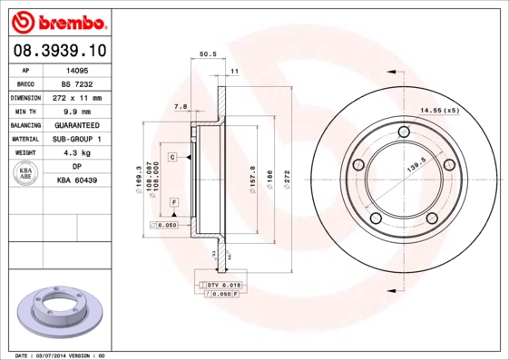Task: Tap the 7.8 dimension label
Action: [180, 106]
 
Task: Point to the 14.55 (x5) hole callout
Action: [438, 111]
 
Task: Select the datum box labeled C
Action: [171, 157]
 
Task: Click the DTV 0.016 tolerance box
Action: [219, 285]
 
